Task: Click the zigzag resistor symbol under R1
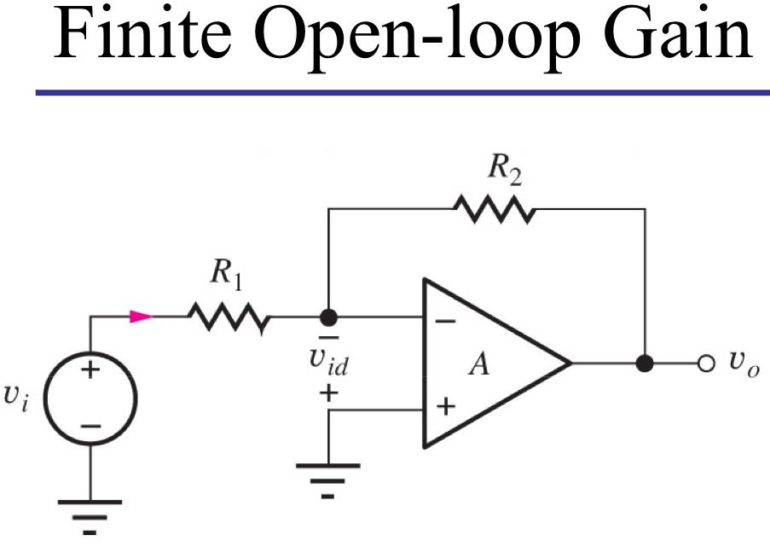click(229, 318)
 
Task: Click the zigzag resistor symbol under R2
click(495, 207)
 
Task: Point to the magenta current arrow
click(140, 317)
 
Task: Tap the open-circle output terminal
click(703, 363)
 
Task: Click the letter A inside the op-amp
click(482, 365)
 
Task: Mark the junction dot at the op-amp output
click(646, 362)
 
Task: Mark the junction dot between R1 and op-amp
click(327, 318)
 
